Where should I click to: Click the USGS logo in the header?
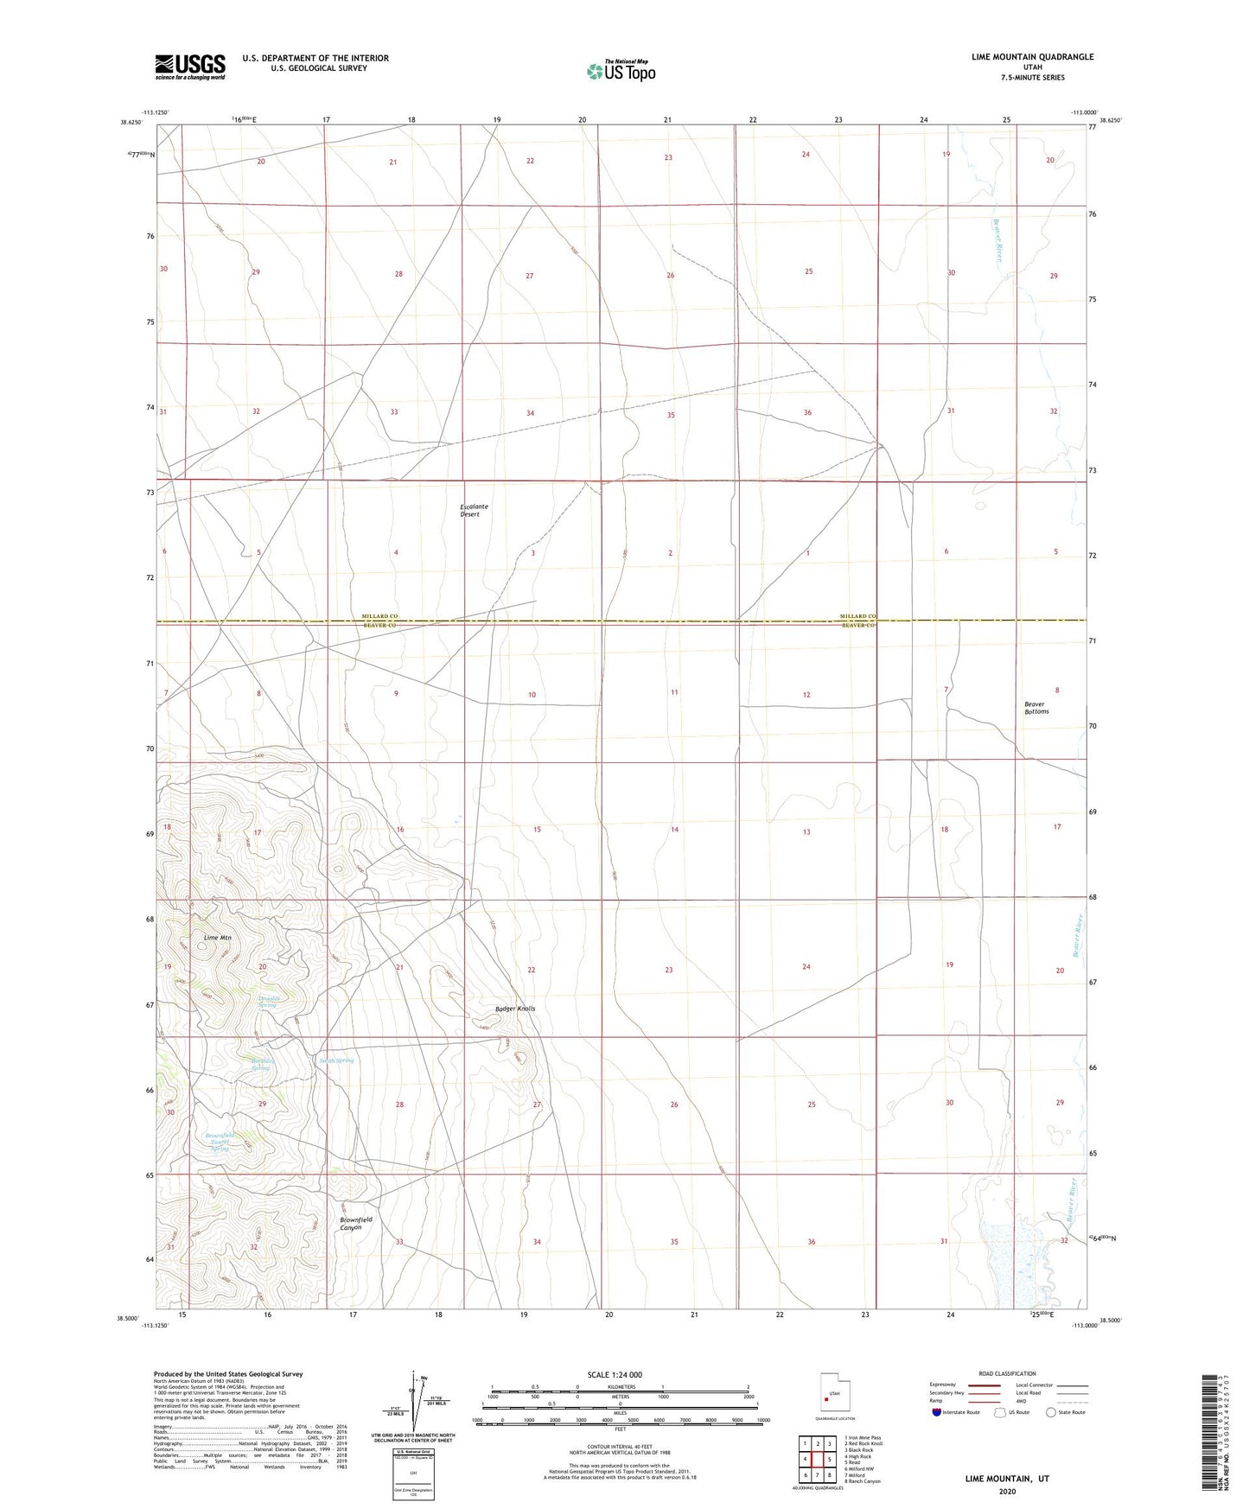[190, 67]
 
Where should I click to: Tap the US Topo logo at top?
[621, 71]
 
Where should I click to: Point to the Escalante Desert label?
[474, 511]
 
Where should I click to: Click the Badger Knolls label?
[515, 1009]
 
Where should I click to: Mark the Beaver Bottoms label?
[1036, 708]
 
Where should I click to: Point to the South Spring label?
[336, 1060]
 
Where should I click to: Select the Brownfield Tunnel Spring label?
[220, 1142]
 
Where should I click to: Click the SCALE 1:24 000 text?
[615, 1374]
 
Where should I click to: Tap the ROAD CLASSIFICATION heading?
[1007, 1373]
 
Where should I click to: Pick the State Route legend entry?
[1065, 1412]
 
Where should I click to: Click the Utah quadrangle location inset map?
[833, 1397]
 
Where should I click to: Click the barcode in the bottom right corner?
[1210, 1443]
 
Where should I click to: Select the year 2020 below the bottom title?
[1007, 1491]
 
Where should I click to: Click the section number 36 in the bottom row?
[811, 1242]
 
